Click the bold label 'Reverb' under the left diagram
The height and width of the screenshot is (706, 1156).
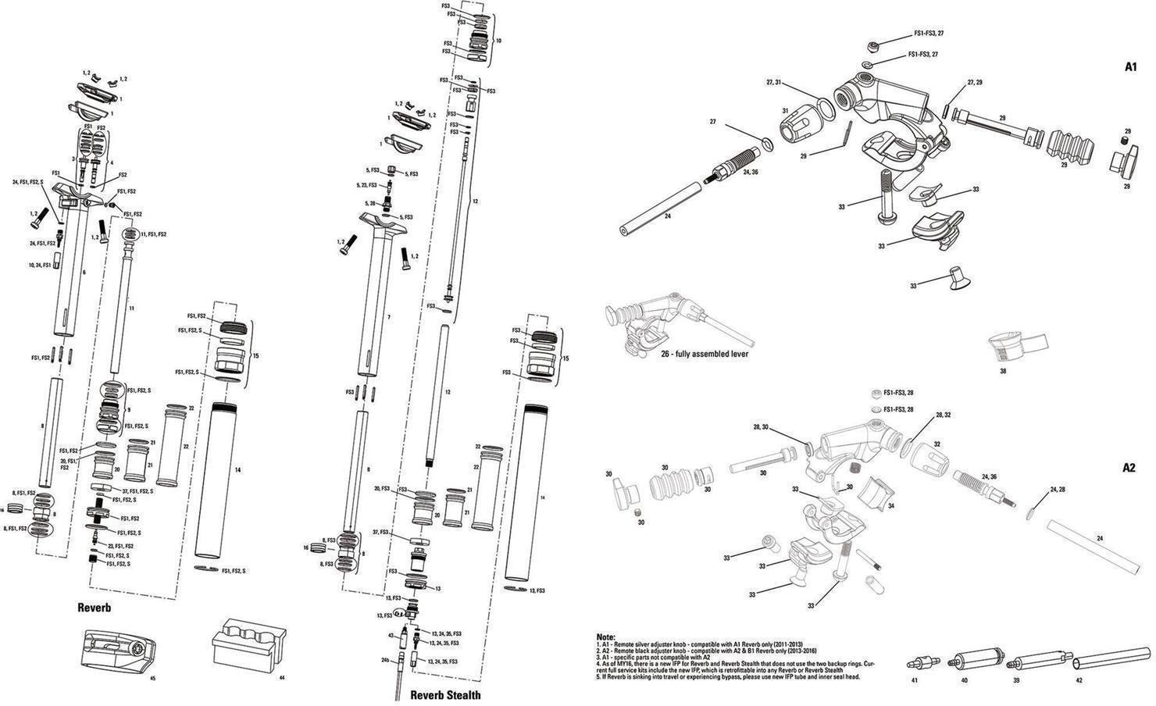[x=95, y=607]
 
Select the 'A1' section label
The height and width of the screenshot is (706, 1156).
[x=1129, y=68]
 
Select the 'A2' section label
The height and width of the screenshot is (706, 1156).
[x=1129, y=469]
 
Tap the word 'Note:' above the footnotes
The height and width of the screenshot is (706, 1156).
[x=605, y=637]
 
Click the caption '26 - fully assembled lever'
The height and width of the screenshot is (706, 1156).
[x=704, y=354]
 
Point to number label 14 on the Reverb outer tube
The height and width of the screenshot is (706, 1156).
[x=237, y=470]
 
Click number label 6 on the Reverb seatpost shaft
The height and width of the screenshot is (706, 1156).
[x=83, y=272]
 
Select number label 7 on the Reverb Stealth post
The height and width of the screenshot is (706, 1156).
[x=388, y=317]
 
